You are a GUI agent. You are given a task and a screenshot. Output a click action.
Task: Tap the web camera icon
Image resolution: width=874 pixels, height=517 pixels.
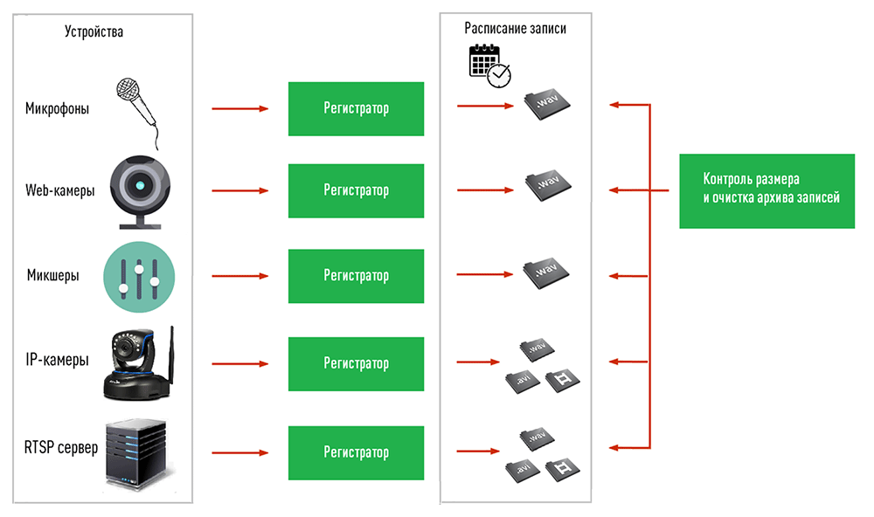click(139, 190)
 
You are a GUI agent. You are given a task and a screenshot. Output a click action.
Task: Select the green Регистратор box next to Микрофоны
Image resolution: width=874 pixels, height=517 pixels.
click(356, 109)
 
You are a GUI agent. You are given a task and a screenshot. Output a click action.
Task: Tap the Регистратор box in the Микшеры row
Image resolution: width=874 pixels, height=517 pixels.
click(356, 276)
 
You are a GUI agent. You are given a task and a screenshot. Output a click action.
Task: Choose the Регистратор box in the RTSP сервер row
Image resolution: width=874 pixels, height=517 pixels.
click(356, 452)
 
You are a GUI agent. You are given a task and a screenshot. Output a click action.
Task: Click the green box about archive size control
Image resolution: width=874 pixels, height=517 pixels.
click(766, 190)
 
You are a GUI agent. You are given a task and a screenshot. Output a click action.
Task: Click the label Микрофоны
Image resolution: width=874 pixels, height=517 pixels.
click(57, 109)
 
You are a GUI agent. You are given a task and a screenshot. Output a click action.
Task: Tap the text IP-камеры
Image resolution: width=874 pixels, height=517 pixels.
click(57, 360)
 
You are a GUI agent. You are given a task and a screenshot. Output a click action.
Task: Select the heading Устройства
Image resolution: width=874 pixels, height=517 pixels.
click(94, 32)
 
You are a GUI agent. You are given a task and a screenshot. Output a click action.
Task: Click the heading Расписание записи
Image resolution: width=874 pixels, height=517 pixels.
click(515, 29)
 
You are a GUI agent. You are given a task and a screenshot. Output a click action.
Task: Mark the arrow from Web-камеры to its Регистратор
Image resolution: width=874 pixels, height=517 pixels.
click(239, 191)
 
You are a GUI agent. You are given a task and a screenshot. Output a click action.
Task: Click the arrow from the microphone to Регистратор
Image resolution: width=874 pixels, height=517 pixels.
click(239, 109)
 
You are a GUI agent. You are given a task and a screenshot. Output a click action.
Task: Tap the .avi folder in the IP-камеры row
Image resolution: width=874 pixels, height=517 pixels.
click(522, 382)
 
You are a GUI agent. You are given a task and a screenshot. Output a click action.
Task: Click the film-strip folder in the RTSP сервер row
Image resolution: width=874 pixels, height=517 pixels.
click(562, 471)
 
